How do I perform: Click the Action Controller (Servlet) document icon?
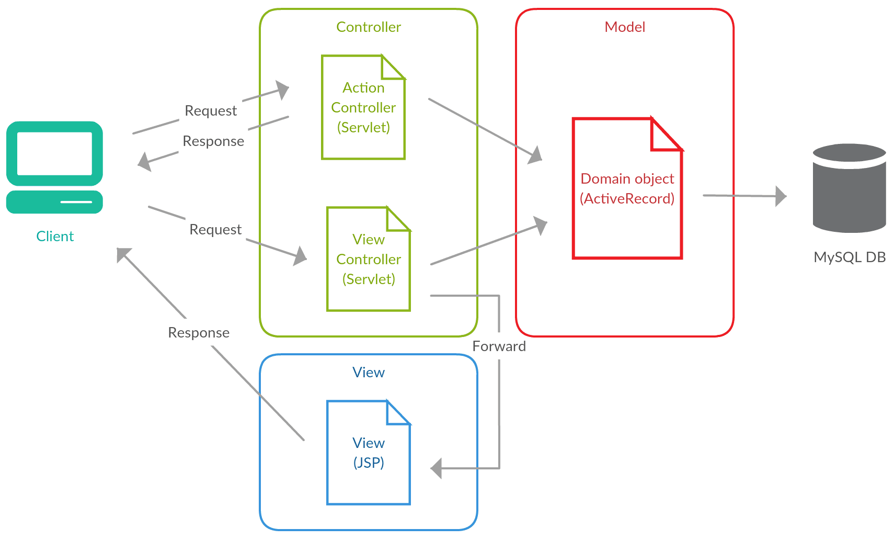click(363, 108)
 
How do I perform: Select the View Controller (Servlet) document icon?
click(368, 260)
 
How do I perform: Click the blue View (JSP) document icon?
click(368, 453)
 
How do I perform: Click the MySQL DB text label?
click(849, 257)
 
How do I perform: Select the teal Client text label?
click(55, 237)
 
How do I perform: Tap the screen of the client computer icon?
click(54, 153)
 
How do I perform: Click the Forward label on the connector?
click(499, 346)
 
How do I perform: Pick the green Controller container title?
click(368, 27)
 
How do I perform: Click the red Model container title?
click(624, 27)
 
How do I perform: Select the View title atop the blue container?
click(368, 373)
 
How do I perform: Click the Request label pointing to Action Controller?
click(211, 111)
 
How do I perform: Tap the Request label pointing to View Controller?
click(215, 230)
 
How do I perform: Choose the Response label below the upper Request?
click(213, 141)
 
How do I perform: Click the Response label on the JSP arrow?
click(199, 333)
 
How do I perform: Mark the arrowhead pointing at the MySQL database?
click(781, 196)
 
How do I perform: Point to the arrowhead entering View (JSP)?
click(437, 468)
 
